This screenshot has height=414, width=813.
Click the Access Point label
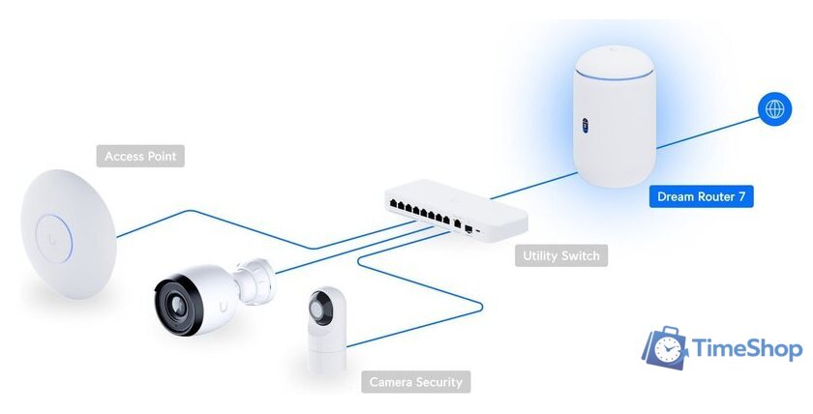pos(141,156)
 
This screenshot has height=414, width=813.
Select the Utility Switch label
pos(561,256)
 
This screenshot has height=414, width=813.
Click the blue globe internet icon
pos(774,109)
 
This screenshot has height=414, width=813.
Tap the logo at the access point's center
pos(48,232)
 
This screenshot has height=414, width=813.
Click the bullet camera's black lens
pos(180,301)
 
